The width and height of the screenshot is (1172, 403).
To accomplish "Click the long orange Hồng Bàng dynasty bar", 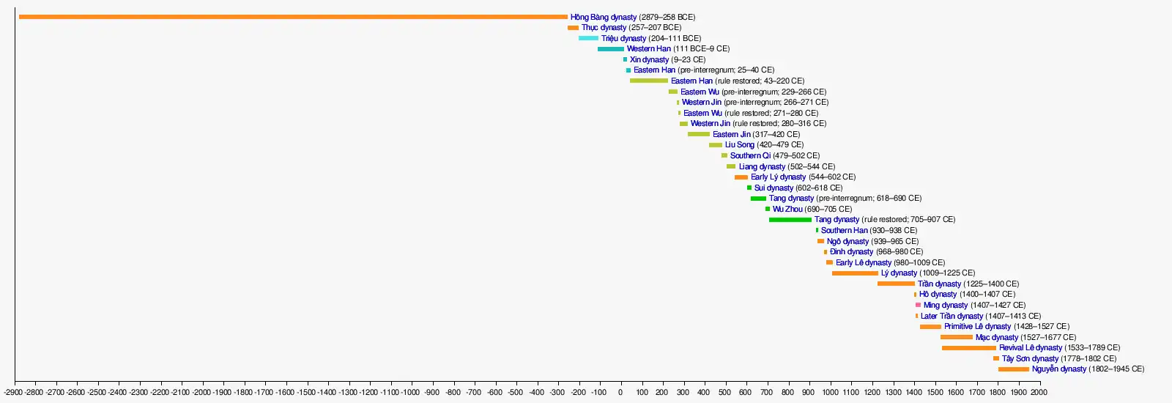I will [x=293, y=17].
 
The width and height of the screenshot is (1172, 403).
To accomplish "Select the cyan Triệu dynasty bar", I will [x=588, y=38].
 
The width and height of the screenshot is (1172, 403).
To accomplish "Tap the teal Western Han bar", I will [x=610, y=49].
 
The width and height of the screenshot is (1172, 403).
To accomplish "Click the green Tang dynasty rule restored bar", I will [x=790, y=220].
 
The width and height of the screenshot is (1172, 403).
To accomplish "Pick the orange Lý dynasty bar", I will [x=855, y=273].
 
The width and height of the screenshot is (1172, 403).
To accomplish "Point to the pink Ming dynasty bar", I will [x=918, y=305].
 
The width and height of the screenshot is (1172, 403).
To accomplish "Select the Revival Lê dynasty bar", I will [x=968, y=348].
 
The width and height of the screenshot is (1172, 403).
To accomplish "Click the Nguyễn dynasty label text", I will [x=1058, y=369].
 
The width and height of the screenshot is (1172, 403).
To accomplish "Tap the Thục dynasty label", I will [x=604, y=28].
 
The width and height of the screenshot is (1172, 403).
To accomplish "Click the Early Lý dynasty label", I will [x=778, y=177].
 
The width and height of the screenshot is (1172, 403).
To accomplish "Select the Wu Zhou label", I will [x=787, y=209].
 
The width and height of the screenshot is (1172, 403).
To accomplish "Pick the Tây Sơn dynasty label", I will [x=1030, y=359].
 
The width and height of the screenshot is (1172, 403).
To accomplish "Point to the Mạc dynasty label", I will [x=996, y=338].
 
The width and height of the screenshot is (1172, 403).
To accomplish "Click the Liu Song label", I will [x=739, y=145].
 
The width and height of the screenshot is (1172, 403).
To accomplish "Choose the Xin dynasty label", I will [x=649, y=60].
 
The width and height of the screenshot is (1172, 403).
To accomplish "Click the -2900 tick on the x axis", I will [x=13, y=393].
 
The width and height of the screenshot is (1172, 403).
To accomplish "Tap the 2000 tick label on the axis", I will [x=1039, y=393].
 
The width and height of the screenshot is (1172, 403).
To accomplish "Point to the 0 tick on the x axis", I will [x=620, y=393].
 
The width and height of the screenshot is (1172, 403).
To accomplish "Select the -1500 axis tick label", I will [x=306, y=393].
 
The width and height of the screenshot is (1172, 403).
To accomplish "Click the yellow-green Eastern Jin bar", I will [x=698, y=134].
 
